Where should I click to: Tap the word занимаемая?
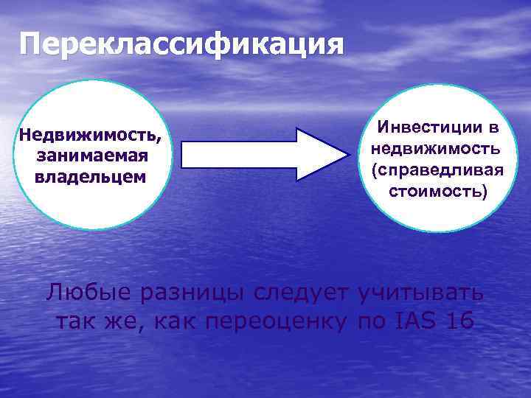pos(92,157)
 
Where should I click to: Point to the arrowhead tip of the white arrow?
pos(346,155)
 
